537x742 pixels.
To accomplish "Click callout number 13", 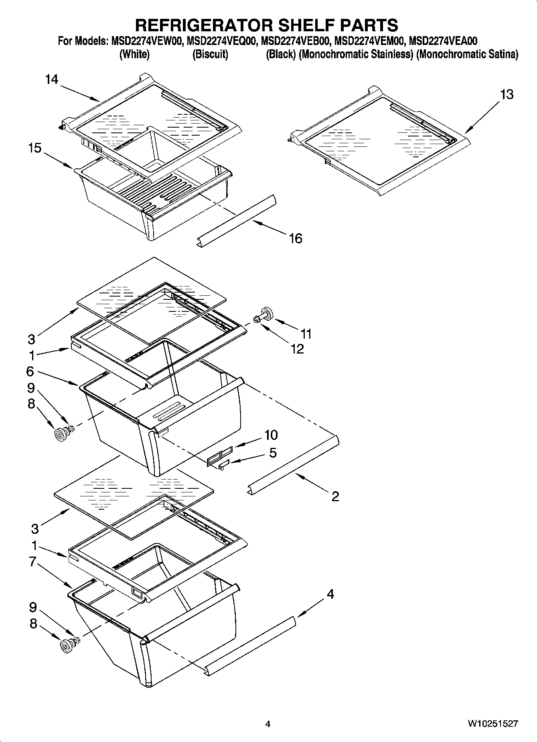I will coord(507,95).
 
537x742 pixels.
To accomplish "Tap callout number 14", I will coord(52,79).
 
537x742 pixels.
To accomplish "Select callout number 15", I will coord(35,148).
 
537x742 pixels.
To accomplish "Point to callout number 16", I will coord(295,238).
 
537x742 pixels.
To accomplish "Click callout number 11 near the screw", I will coord(306,333).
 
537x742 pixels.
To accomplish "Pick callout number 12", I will coord(297,349).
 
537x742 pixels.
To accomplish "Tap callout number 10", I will coord(271,435).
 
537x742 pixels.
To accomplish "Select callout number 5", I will coord(273,453).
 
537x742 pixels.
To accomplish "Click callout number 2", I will coord(335,496).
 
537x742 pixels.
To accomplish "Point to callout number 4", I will coord(330,594).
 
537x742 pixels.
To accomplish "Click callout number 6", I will coord(30,371).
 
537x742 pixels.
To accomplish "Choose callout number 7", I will coord(33,561).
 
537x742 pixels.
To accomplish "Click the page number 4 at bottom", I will coord(268,724).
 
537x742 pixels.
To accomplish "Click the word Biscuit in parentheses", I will coord(210,55).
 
